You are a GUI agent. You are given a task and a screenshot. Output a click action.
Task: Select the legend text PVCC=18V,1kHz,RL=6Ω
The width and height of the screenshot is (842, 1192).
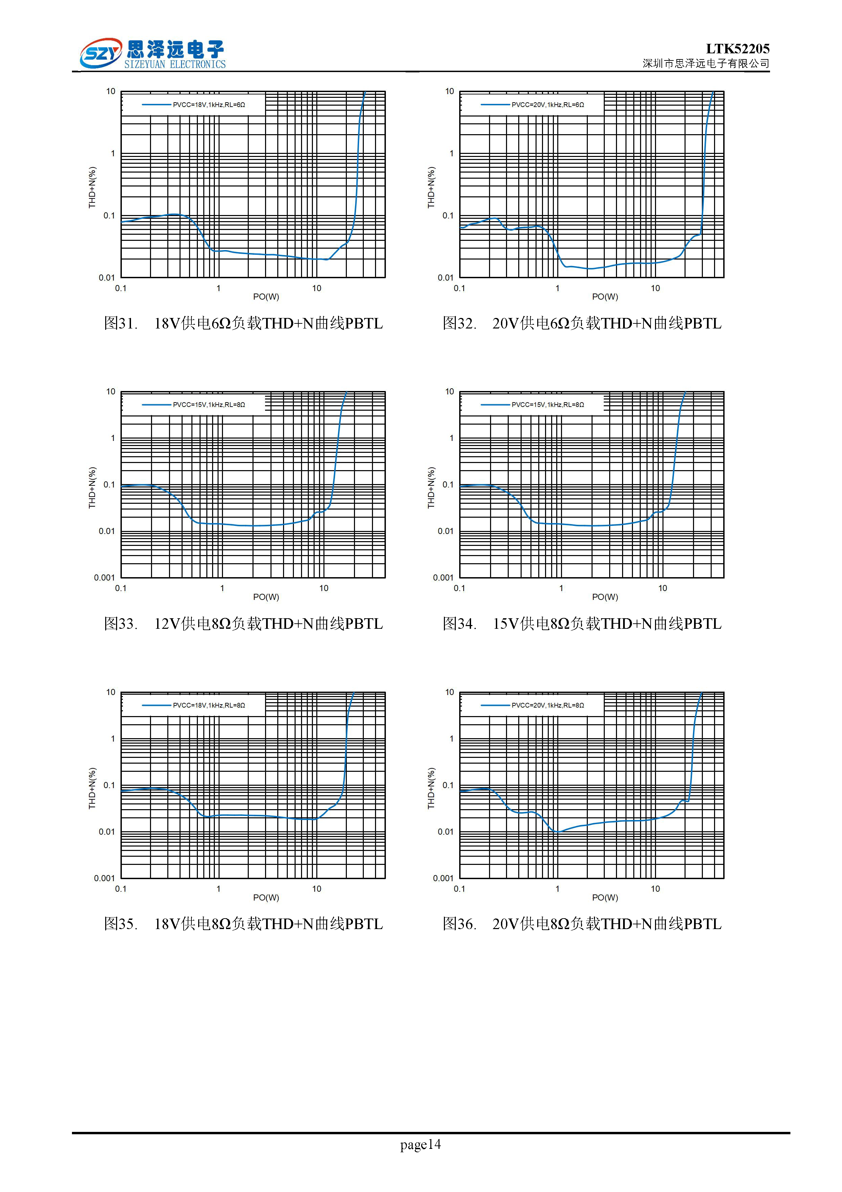coord(209,105)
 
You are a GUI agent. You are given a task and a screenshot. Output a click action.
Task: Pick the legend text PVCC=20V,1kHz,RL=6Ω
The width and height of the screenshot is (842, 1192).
coord(547,105)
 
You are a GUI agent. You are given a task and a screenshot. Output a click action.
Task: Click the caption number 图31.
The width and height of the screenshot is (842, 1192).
coord(120,323)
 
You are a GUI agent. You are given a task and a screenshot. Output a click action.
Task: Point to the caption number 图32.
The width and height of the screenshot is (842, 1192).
coord(459,323)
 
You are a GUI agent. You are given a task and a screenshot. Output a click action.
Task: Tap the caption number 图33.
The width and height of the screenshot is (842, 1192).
coord(120,624)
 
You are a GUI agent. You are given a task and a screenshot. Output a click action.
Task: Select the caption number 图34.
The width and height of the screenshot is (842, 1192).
coord(459,624)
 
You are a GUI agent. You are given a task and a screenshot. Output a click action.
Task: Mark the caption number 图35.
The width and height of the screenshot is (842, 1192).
coord(120,924)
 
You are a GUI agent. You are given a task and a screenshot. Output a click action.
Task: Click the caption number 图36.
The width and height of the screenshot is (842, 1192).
coord(459,924)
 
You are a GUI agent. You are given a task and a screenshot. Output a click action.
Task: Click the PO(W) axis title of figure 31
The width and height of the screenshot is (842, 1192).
coord(266,297)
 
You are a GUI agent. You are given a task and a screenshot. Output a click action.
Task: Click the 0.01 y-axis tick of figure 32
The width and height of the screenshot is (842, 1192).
coord(445,278)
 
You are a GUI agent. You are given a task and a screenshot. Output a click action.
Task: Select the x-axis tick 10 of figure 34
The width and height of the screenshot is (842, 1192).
coord(662,588)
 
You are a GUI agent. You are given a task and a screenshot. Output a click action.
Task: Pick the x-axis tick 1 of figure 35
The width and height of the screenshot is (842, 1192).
coord(219,889)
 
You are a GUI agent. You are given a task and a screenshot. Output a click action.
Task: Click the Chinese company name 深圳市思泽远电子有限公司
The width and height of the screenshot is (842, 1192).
coord(706,63)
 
